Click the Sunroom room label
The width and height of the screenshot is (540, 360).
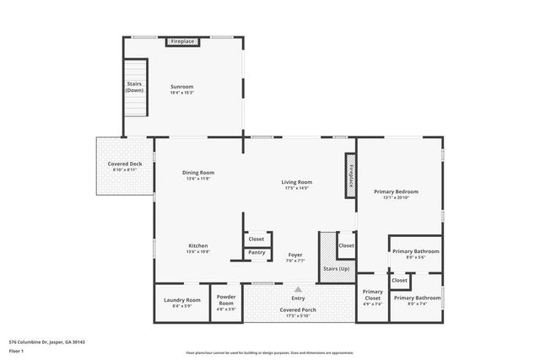click(x=182, y=87)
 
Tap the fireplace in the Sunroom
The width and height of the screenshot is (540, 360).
click(x=182, y=41)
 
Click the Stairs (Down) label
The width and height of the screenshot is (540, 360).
click(x=135, y=87)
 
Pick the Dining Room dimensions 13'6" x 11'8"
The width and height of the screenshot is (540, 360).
click(x=199, y=179)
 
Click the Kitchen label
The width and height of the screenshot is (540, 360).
click(x=198, y=245)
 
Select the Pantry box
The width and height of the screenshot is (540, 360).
click(x=256, y=252)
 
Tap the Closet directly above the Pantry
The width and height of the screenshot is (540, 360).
click(x=256, y=239)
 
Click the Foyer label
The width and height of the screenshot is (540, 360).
click(x=295, y=255)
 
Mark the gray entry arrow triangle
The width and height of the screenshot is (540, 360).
click(x=298, y=288)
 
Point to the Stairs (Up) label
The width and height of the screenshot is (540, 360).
click(x=335, y=270)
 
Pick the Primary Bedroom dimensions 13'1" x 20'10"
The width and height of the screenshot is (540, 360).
click(x=397, y=198)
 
